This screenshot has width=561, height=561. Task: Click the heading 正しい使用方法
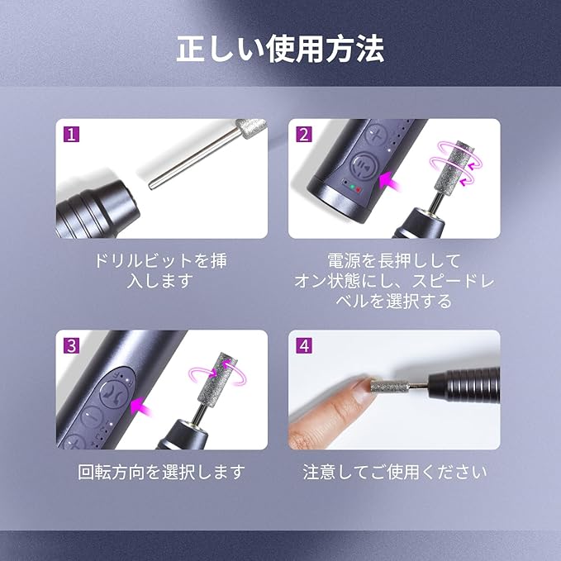point(280,49)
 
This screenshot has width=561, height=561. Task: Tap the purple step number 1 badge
point(71,135)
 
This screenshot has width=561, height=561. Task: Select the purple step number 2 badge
point(304,135)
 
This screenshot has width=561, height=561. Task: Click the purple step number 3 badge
point(71,345)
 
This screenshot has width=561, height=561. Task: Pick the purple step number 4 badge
point(304,345)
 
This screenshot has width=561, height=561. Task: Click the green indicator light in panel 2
point(353,187)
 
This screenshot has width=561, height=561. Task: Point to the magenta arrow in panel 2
point(391,181)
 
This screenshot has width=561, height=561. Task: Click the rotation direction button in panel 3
point(114,394)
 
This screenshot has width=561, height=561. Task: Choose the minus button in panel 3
point(92,417)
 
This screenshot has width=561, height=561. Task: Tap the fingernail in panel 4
point(360,391)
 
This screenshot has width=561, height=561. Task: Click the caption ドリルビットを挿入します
point(160,270)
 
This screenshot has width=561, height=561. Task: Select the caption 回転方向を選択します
point(161,472)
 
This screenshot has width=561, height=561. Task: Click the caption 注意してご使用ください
point(394,472)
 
